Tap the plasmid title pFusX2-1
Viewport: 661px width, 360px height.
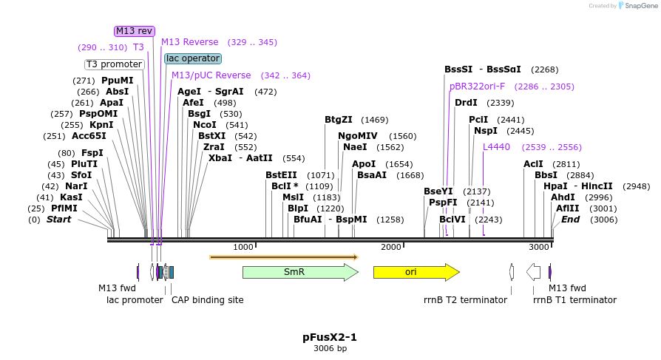(x=330, y=337)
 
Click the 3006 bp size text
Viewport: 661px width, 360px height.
(x=330, y=348)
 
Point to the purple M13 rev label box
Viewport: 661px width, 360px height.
(x=134, y=31)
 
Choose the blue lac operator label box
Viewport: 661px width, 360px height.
(x=192, y=58)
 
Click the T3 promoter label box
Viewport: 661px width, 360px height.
(x=114, y=64)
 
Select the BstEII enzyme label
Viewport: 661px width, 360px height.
(x=281, y=175)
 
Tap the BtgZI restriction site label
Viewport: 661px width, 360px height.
(x=339, y=120)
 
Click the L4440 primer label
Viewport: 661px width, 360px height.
(x=496, y=147)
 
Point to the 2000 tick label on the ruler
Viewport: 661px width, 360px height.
(x=390, y=247)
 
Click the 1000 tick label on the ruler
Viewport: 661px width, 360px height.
(x=243, y=247)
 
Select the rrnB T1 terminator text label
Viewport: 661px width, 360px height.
(x=574, y=300)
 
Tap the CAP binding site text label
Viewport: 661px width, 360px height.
(x=207, y=300)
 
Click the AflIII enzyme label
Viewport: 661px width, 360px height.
(x=568, y=208)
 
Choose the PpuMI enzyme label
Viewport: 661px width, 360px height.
(x=118, y=81)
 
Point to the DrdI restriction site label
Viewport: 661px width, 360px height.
(x=466, y=103)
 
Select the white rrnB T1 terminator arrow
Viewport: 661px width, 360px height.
(x=533, y=272)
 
